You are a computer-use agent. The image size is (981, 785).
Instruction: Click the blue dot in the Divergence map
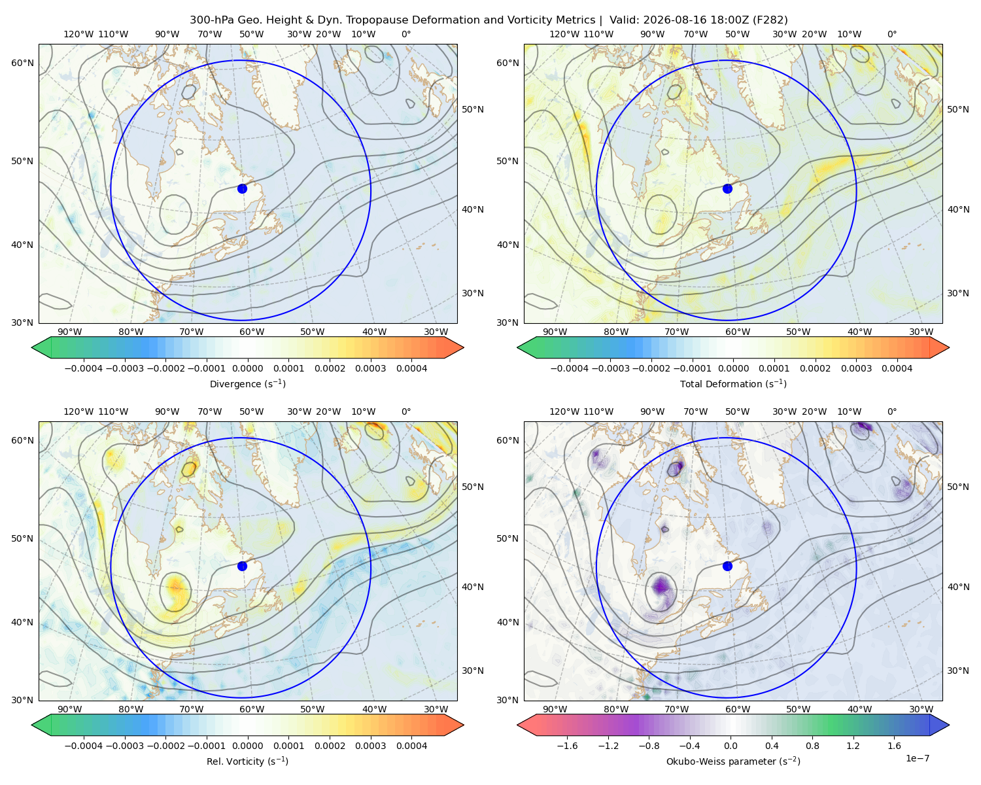(242, 188)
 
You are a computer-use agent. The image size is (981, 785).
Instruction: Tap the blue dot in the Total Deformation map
(727, 188)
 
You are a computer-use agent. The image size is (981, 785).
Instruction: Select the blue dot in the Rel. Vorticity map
(242, 566)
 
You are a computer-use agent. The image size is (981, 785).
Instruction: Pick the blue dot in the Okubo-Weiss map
(727, 566)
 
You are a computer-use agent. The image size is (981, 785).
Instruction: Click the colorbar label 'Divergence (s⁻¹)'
(247, 383)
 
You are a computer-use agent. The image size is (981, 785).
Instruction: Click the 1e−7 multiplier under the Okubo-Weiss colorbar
(917, 758)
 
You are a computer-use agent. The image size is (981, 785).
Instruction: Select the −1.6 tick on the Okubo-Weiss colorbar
(567, 745)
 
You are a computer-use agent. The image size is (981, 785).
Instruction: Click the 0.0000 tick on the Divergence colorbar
(247, 368)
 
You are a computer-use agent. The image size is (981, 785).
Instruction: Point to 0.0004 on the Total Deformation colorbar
(897, 368)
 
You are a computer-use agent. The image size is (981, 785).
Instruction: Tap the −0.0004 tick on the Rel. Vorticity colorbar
(84, 745)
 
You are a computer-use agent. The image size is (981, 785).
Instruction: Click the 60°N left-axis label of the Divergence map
(22, 63)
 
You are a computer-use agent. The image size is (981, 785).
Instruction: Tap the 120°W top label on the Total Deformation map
(564, 34)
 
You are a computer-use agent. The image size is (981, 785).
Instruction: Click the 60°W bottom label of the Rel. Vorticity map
(252, 709)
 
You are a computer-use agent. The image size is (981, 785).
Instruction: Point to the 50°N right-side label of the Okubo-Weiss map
(957, 487)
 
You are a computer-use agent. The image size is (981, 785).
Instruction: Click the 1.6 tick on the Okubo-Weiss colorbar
(894, 745)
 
